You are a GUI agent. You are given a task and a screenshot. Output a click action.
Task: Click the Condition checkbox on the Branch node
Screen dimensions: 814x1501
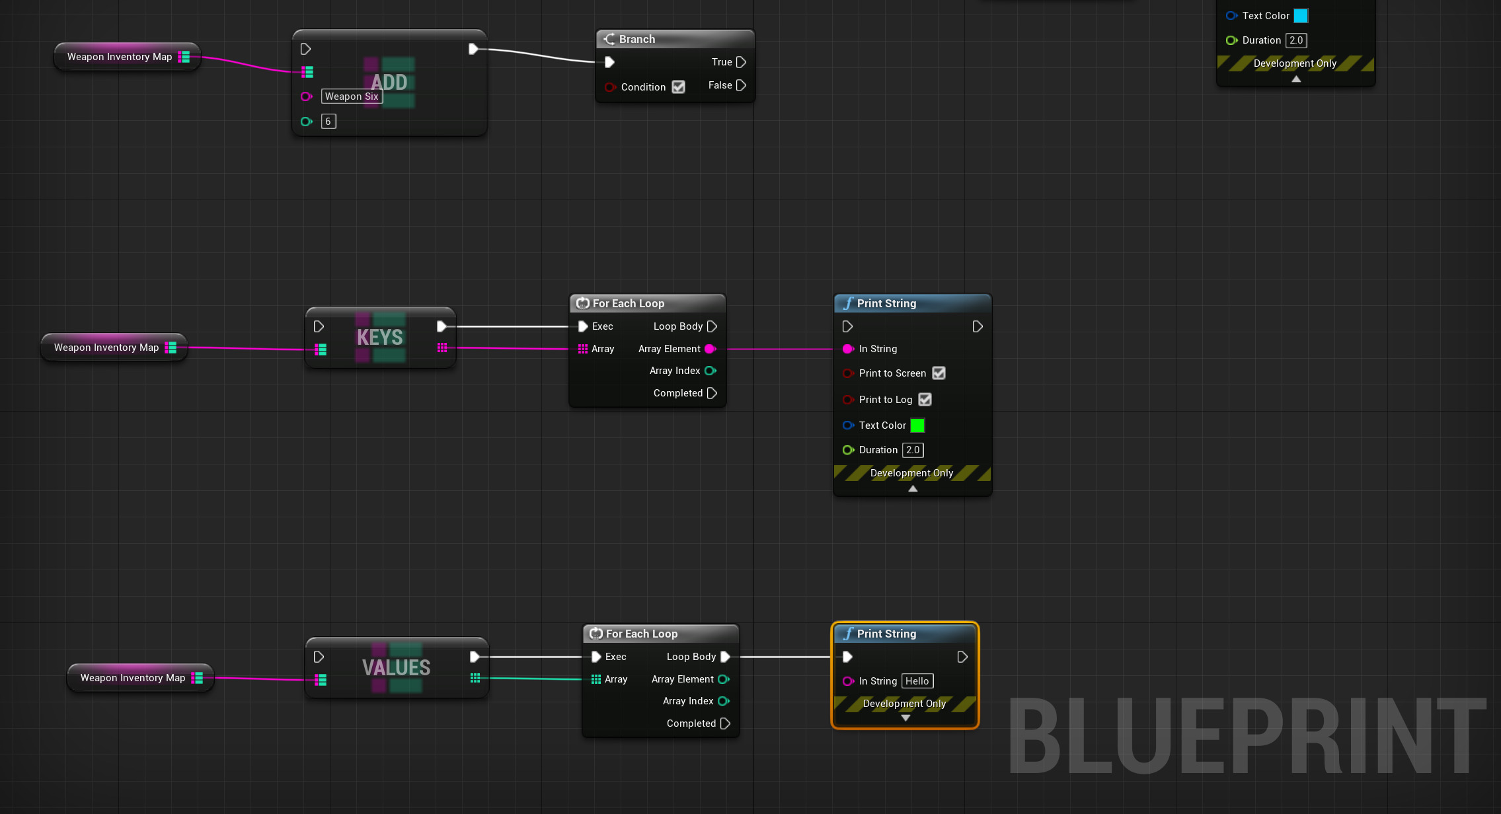(678, 87)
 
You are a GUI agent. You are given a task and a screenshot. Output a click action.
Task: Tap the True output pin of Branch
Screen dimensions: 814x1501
(741, 62)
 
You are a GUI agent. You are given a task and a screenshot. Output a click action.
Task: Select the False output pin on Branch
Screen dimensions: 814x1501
(741, 85)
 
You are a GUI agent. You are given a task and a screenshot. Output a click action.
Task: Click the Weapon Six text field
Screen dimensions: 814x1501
(352, 96)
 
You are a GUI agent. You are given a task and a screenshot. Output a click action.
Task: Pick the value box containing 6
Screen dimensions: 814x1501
(328, 122)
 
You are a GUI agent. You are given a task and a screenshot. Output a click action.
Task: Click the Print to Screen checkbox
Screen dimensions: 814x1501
(939, 373)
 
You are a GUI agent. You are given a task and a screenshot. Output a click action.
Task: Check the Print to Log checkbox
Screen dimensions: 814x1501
(925, 400)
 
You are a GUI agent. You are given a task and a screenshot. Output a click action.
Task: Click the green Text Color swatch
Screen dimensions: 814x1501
(917, 425)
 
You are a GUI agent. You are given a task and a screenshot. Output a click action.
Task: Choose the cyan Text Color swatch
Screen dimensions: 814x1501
(1301, 16)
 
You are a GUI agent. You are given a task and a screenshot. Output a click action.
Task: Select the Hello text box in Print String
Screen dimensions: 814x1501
(917, 681)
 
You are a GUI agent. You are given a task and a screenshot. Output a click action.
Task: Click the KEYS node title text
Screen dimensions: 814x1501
(380, 338)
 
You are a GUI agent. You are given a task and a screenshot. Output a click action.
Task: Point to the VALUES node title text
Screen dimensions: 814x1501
(396, 668)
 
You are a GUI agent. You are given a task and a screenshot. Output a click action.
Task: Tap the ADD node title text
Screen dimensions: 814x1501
(389, 83)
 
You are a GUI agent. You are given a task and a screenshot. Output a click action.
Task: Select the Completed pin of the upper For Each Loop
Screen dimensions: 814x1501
(712, 393)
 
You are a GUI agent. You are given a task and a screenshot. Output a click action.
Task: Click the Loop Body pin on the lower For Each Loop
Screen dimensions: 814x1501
(725, 657)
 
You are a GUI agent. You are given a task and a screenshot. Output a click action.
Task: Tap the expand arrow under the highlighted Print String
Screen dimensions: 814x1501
(905, 718)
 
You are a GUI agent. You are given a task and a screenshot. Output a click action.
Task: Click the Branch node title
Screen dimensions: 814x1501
(636, 39)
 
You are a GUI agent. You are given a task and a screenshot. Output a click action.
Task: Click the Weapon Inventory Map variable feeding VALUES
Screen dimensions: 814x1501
(133, 678)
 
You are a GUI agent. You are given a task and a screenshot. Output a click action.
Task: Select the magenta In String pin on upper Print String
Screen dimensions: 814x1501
(848, 349)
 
